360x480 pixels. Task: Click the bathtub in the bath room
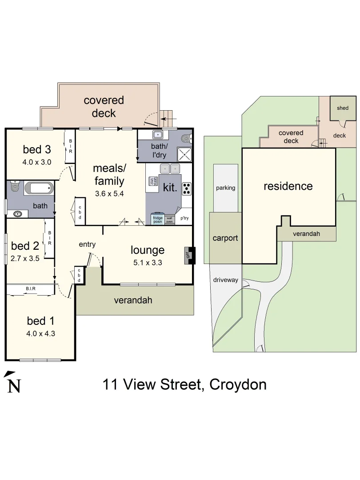pyautogui.click(x=39, y=188)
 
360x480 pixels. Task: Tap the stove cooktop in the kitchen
pyautogui.click(x=186, y=189)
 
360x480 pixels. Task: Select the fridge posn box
pyautogui.click(x=157, y=220)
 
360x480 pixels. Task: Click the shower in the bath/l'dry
pyautogui.click(x=185, y=154)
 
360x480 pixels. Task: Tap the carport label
pyautogui.click(x=225, y=238)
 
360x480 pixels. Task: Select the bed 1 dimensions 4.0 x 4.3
pyautogui.click(x=41, y=333)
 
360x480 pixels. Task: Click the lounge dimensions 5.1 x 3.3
pyautogui.click(x=148, y=263)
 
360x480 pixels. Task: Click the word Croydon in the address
pyautogui.click(x=238, y=384)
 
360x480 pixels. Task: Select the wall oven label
pyautogui.click(x=169, y=219)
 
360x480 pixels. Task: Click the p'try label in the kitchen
pyautogui.click(x=184, y=219)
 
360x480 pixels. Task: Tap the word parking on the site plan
pyautogui.click(x=225, y=188)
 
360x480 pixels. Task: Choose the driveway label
pyautogui.click(x=226, y=280)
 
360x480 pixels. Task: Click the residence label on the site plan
pyautogui.click(x=288, y=186)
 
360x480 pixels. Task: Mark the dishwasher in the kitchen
pyautogui.click(x=152, y=181)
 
